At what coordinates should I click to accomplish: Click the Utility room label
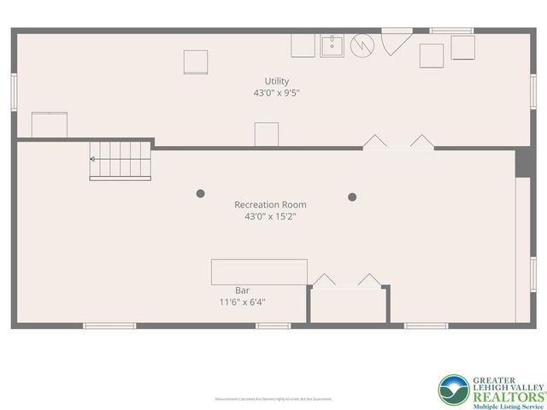coord(276,81)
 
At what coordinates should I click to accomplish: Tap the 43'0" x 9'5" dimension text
coord(276,92)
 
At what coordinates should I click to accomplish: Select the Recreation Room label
coord(270,205)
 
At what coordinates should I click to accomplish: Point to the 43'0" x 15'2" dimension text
coord(270,217)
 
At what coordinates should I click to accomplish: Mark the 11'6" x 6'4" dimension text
coord(242,302)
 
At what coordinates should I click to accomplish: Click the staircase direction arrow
coord(93,158)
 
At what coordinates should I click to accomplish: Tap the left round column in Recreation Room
coord(201,194)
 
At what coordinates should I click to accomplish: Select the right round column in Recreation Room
coord(352,197)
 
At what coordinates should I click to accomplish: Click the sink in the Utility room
coord(332,45)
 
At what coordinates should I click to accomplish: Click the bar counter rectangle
coord(259,272)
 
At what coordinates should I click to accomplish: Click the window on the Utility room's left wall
coord(14,92)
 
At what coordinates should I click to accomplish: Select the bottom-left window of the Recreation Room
coord(109,325)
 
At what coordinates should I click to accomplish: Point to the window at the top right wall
coord(451,31)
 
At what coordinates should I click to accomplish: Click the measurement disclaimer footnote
coord(273,399)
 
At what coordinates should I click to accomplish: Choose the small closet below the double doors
coord(347,305)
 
